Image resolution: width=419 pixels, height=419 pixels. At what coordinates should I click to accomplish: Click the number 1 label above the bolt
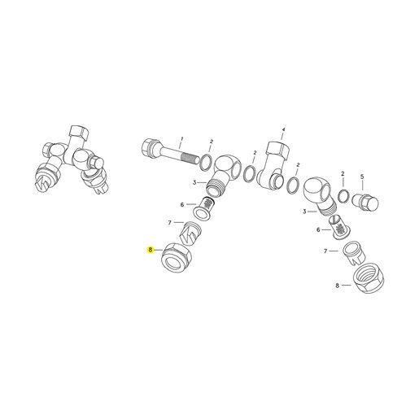[182, 138]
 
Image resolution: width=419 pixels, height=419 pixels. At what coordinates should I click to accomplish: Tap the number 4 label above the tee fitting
[283, 129]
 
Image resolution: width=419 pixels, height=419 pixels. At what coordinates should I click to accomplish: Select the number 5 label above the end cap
[362, 177]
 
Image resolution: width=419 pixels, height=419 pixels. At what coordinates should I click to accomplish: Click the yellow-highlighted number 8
[151, 250]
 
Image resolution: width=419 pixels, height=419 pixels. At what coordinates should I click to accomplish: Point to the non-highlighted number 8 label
[338, 286]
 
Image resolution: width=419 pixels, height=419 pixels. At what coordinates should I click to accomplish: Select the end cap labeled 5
[365, 201]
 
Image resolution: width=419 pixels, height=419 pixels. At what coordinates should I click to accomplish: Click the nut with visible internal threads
[369, 278]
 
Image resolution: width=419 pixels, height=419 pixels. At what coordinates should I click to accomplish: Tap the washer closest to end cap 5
[343, 196]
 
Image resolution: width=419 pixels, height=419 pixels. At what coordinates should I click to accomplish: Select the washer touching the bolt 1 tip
[206, 163]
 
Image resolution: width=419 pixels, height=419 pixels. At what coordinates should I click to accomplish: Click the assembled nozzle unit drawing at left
[72, 160]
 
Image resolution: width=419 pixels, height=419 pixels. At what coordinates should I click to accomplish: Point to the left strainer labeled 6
[204, 207]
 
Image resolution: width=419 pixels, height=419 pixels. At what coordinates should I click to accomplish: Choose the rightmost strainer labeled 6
[340, 227]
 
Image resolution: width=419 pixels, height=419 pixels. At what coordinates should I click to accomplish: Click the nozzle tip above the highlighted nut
[190, 233]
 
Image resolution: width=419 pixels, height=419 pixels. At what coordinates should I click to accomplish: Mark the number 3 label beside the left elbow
[194, 182]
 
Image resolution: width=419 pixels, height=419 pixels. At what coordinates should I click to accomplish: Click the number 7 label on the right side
[325, 251]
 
